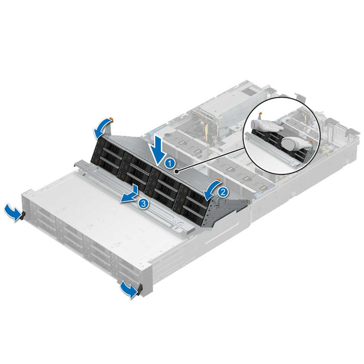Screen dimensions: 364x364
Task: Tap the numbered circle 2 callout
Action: pyautogui.click(x=222, y=192)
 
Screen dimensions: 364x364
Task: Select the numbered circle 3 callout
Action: pyautogui.click(x=143, y=203)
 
